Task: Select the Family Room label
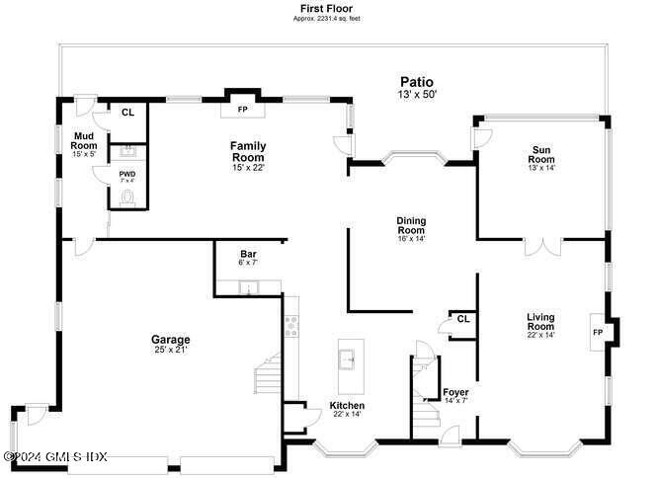click(x=248, y=152)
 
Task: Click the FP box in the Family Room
click(x=242, y=109)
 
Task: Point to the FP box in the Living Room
click(x=598, y=332)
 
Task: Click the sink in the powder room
click(x=126, y=152)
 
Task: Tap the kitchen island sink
click(x=347, y=358)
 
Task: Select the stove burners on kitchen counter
click(x=290, y=326)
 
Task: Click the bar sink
click(x=248, y=288)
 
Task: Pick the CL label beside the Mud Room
click(x=127, y=113)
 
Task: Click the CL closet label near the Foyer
click(x=462, y=318)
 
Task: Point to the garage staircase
click(x=269, y=380)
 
